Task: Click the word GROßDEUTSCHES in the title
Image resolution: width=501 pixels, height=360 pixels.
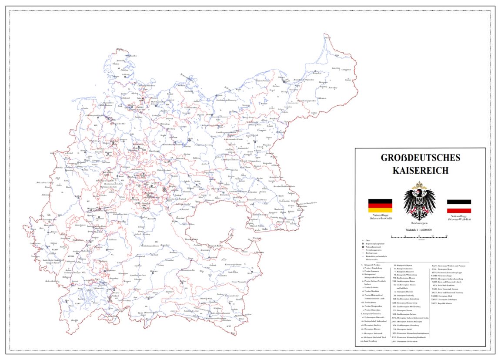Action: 420,158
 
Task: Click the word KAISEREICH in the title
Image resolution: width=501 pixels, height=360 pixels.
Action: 420,170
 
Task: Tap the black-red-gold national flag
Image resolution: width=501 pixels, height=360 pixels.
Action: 380,206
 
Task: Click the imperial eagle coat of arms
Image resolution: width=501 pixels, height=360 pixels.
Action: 419,201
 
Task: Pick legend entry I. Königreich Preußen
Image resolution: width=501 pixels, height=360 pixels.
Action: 373,265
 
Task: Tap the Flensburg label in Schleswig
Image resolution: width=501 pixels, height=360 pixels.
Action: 125,70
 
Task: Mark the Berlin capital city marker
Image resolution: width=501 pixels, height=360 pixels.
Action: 190,139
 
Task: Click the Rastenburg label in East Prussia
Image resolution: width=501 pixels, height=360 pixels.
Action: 333,87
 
